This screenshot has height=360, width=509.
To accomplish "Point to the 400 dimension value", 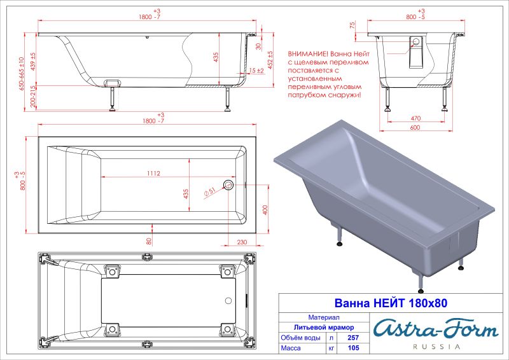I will [265, 209].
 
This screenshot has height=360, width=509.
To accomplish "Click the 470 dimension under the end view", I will [415, 118].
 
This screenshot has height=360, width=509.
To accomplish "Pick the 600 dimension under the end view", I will [415, 127].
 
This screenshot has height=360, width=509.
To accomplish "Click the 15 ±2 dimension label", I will [257, 71].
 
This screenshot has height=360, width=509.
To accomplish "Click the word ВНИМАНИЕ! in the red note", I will [308, 54].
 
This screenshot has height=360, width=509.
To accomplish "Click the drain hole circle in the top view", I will [229, 185].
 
